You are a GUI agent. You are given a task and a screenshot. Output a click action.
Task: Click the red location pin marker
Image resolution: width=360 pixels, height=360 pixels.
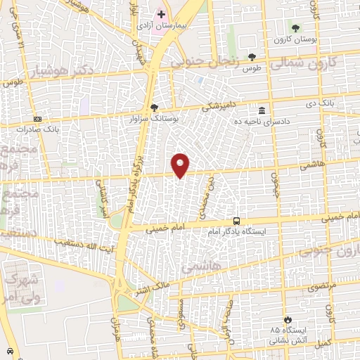click(x=181, y=165)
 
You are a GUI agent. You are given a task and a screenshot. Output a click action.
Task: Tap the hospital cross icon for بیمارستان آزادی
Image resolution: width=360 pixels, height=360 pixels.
click(x=161, y=14)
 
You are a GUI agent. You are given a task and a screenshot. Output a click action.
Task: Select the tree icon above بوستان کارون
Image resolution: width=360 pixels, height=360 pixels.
click(x=295, y=28)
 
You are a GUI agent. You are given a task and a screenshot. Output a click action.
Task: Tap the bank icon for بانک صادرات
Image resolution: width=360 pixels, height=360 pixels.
click(x=37, y=119)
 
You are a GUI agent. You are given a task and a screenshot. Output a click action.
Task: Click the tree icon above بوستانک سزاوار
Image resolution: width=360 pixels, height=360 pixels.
click(x=155, y=108)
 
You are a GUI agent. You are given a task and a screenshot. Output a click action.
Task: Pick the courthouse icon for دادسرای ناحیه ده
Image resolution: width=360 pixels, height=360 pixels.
click(x=262, y=110)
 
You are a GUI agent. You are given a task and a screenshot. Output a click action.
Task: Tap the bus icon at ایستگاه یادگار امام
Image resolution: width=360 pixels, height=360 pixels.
click(x=236, y=221)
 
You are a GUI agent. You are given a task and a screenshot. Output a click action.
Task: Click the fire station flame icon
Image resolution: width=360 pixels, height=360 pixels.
click(x=285, y=319)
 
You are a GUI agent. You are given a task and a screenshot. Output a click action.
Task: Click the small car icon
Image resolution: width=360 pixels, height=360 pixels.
click(x=9, y=350)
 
